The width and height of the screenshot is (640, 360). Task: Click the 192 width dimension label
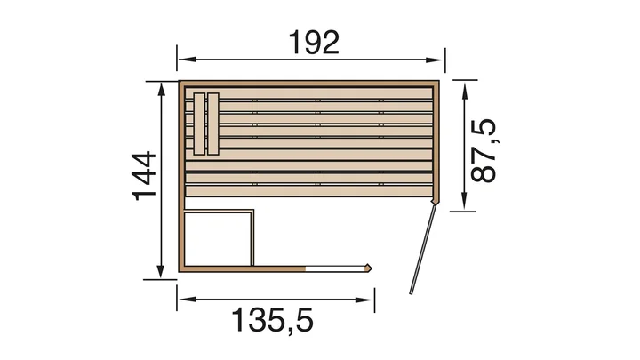point(314,43)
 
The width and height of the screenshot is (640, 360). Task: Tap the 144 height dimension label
point(144,176)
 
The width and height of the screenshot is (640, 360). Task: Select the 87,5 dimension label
point(484,150)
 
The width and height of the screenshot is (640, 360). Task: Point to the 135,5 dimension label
point(273,321)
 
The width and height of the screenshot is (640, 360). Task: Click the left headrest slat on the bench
point(199,124)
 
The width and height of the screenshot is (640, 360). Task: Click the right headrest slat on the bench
point(213,124)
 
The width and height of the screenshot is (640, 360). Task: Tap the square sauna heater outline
point(219,237)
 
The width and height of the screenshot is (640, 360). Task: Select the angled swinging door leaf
point(423,249)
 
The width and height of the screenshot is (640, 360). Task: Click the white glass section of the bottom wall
point(335,268)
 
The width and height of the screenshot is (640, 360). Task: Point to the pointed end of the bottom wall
point(371,268)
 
